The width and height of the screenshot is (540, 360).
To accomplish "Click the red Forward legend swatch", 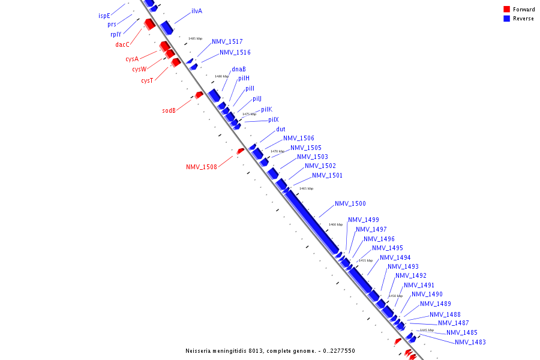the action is (x=507, y=10).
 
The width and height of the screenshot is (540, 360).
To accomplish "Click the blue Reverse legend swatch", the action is (x=507, y=19).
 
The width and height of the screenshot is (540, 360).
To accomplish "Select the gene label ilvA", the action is (x=197, y=11).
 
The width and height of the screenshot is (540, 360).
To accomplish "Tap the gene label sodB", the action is (x=169, y=110).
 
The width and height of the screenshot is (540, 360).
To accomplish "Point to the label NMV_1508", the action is (x=202, y=167).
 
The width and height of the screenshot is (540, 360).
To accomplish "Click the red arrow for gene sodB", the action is (x=199, y=95).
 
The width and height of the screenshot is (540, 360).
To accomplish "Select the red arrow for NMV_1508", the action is (x=240, y=151).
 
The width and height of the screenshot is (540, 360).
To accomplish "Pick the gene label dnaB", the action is (x=239, y=69).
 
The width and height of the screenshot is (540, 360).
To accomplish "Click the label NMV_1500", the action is (x=350, y=204).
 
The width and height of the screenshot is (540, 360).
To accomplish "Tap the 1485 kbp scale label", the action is (x=195, y=38).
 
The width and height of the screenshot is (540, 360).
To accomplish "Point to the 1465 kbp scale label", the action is (x=306, y=188).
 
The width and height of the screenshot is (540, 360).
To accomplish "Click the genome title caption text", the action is (x=270, y=351).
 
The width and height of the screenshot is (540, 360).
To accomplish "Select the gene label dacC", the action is (x=122, y=44).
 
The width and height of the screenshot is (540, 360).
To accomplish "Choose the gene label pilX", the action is (x=274, y=120).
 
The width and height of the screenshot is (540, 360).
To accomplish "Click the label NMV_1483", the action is (x=470, y=342).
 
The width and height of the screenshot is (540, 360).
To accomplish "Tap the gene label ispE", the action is (x=104, y=16).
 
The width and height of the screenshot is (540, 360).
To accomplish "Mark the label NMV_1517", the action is (x=227, y=42).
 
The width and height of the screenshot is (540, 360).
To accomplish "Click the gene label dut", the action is (x=281, y=130).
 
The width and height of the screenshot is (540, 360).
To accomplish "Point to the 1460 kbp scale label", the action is (x=335, y=224).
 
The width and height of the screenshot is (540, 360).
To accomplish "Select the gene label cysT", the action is (x=147, y=81).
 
